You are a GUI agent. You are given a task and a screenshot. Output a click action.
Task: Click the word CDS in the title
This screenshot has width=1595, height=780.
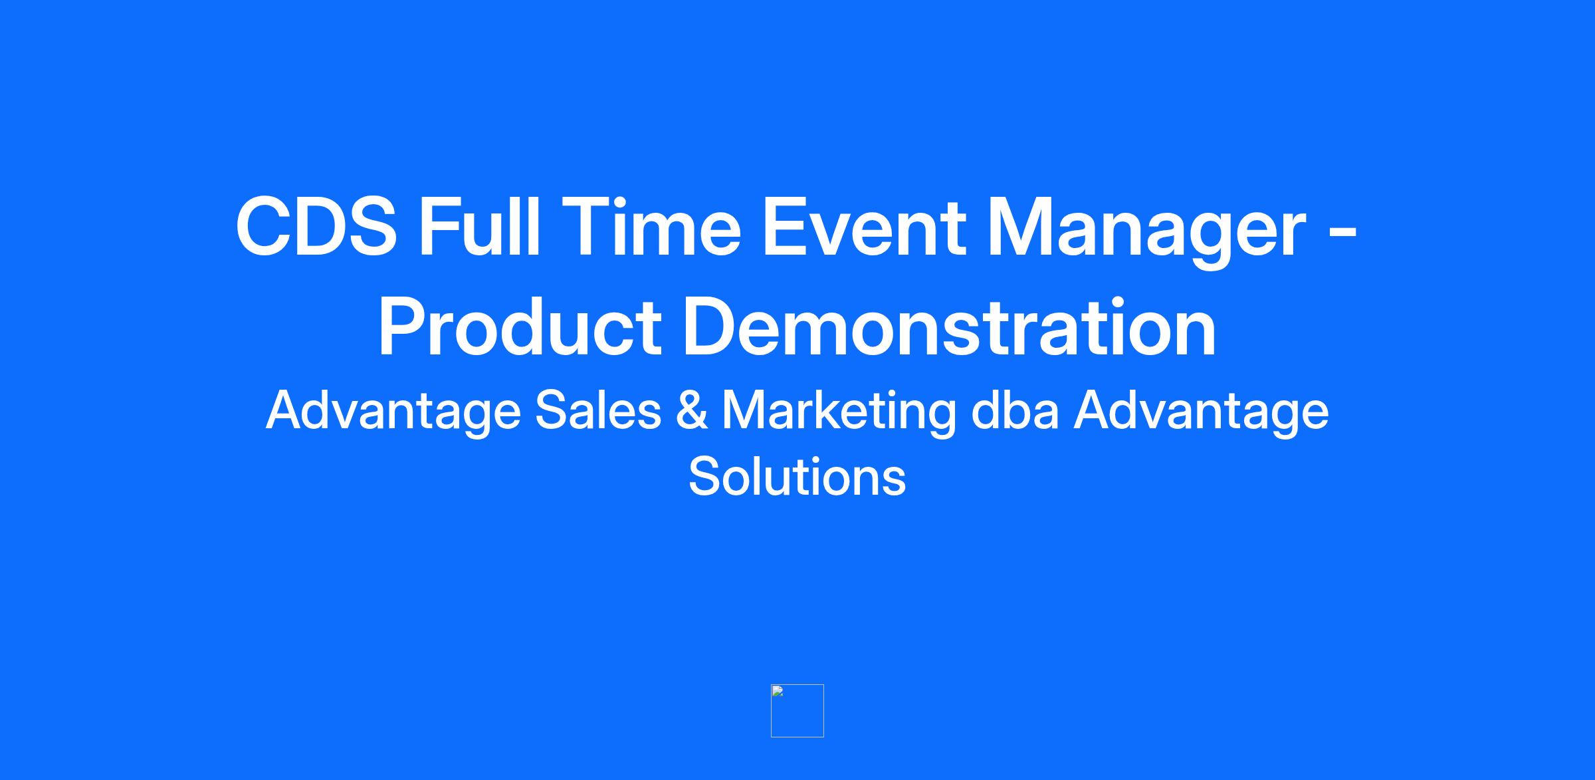pos(316,226)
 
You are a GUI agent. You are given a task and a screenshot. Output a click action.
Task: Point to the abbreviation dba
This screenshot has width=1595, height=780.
pos(1015,409)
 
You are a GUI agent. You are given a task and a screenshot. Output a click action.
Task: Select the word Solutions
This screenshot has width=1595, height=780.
pos(797,476)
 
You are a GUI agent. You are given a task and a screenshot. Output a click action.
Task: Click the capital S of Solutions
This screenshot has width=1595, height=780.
pos(705,476)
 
